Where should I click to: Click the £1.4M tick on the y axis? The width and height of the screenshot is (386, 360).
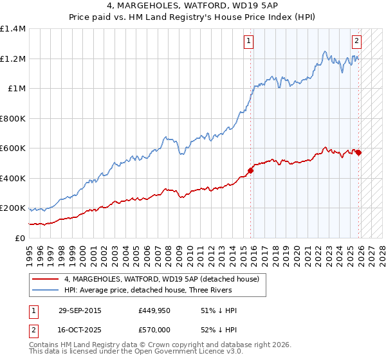pos(13,29)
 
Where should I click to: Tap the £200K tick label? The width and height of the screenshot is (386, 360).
pos(13,208)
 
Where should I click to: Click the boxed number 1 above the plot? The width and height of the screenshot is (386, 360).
pos(249,42)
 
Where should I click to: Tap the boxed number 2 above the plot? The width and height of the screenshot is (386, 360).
pos(356,42)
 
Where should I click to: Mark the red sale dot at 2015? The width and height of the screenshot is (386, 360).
pos(250,170)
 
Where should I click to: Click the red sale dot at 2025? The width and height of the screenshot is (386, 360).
pos(358,152)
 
